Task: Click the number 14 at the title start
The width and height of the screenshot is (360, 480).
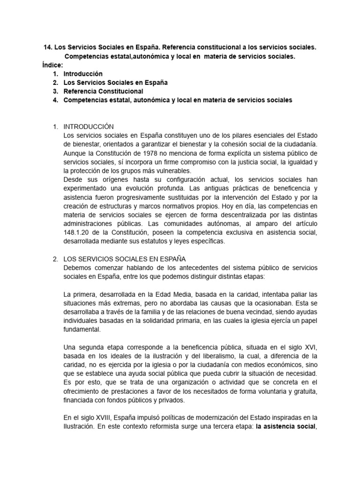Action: click(47, 47)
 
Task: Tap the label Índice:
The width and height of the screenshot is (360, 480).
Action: click(52, 65)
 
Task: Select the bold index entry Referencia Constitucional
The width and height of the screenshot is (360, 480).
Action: click(103, 91)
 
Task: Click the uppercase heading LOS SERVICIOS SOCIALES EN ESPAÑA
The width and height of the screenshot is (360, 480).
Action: click(125, 259)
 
